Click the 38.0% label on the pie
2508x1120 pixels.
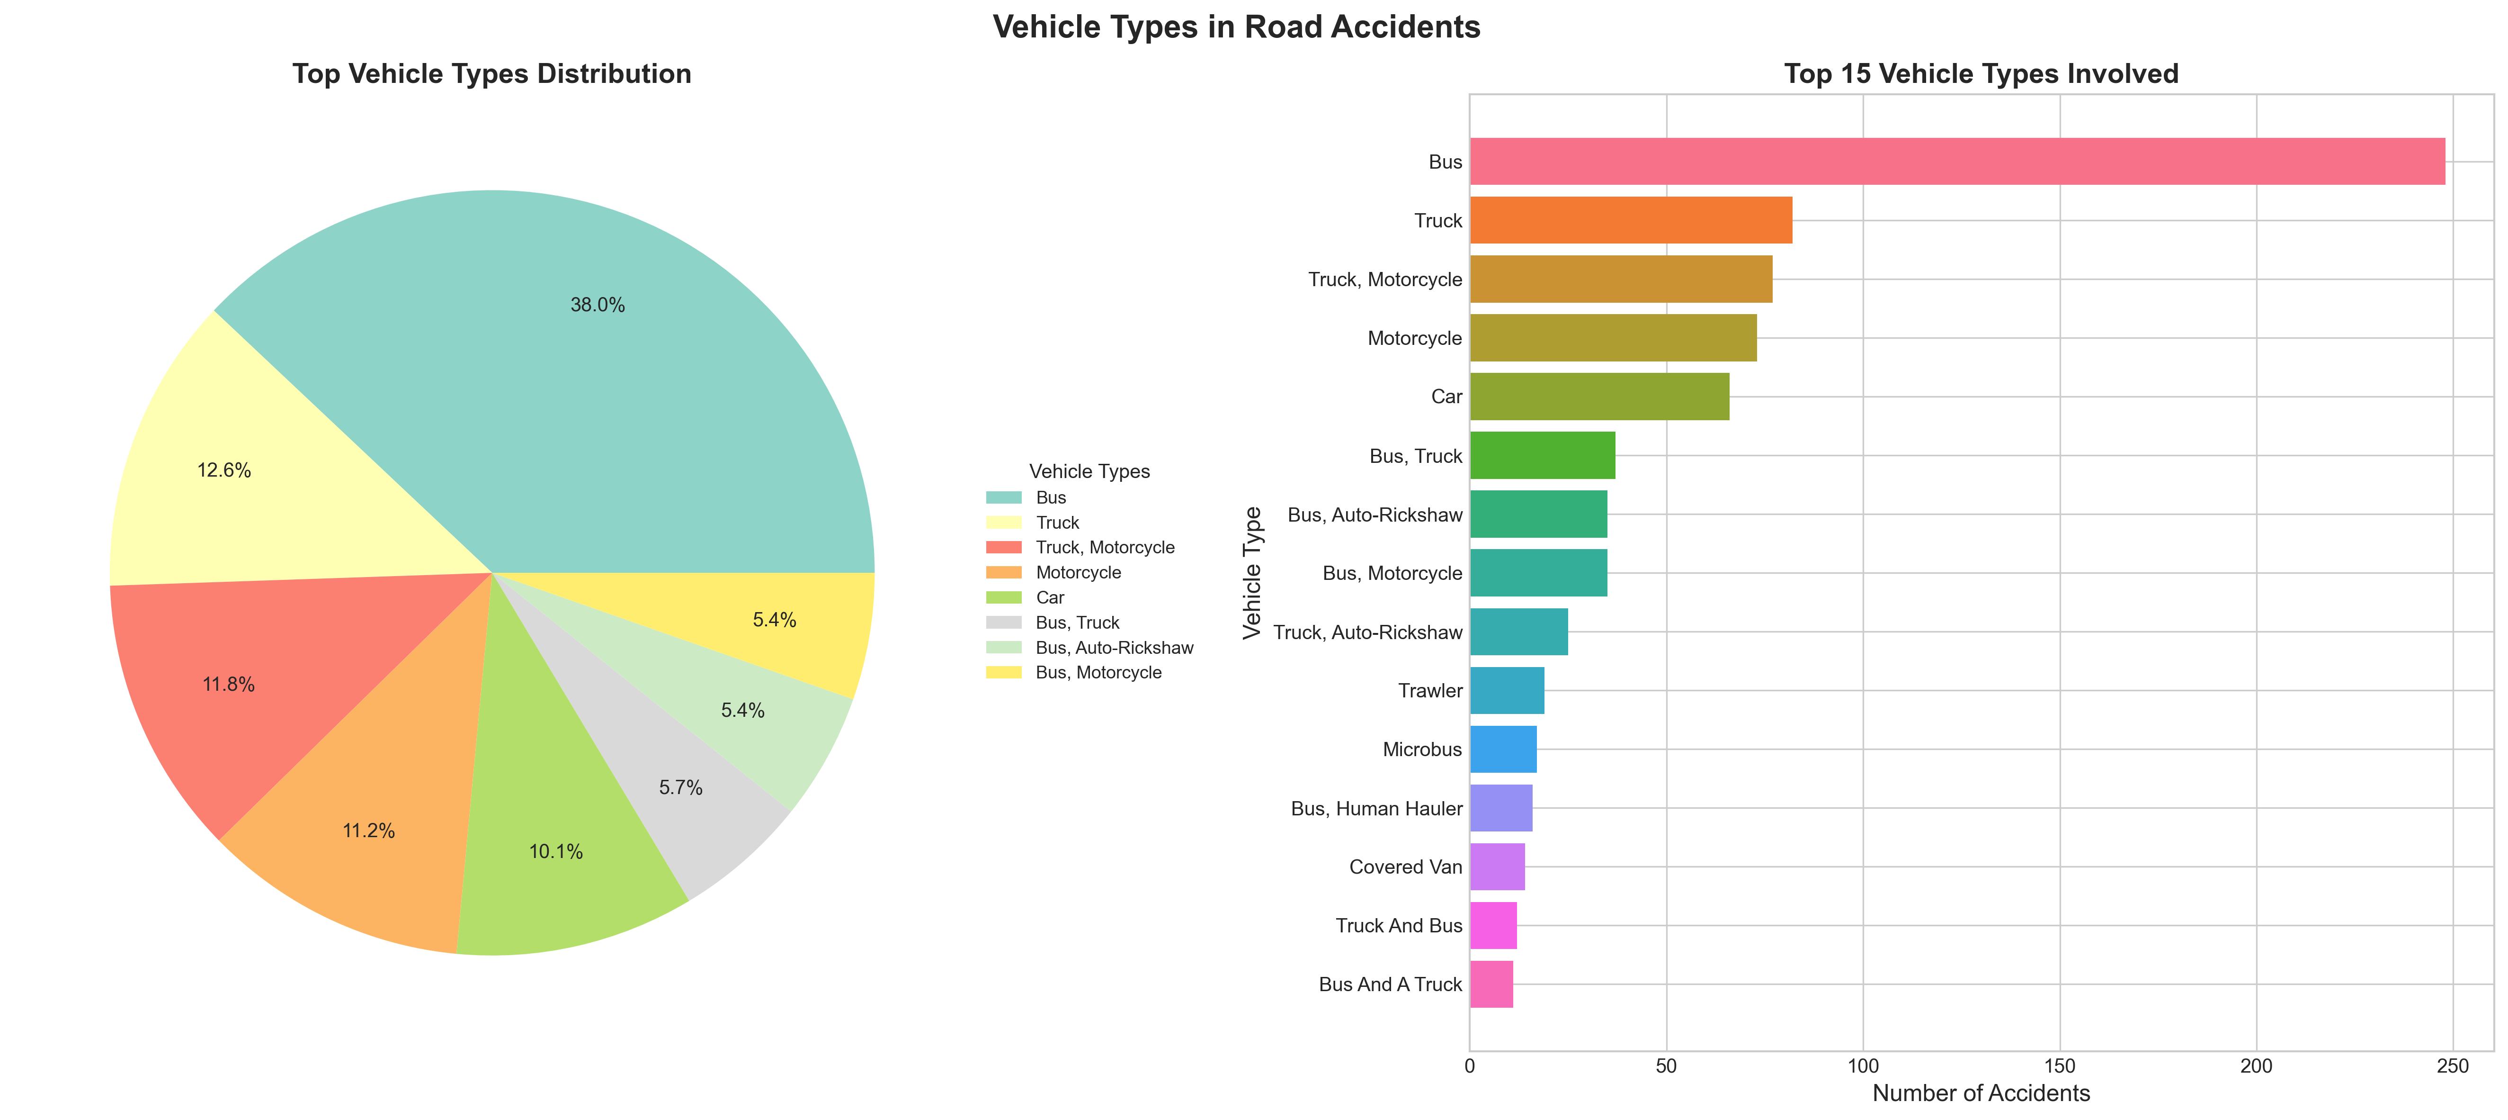point(597,305)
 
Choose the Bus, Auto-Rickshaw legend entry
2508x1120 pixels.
point(1114,648)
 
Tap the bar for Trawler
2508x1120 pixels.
point(1506,690)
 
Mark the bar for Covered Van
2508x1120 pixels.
point(1497,867)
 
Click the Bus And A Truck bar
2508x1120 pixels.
point(1491,984)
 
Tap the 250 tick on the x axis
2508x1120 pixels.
point(2453,1066)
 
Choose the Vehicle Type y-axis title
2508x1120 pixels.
point(1252,573)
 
